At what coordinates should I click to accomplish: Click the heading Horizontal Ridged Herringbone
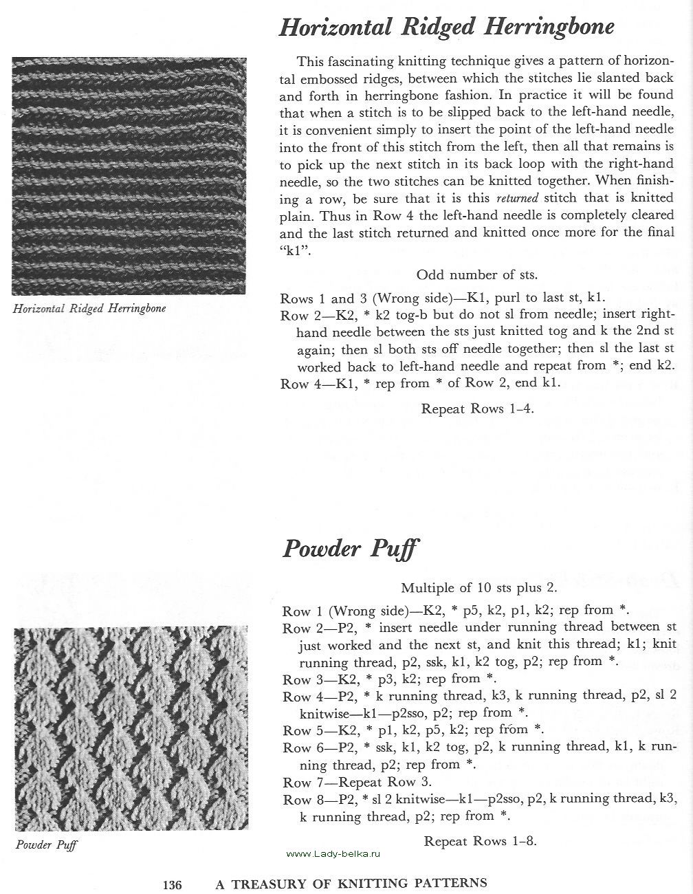point(446,27)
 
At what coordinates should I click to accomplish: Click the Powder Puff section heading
point(350,549)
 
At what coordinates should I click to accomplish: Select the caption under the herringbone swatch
point(89,309)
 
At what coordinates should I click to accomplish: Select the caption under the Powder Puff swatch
point(46,844)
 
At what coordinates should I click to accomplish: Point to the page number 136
point(172,884)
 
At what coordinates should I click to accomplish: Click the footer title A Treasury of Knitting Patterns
point(351,883)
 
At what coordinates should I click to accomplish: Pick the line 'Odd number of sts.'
point(476,275)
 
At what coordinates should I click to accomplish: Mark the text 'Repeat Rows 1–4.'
point(477,408)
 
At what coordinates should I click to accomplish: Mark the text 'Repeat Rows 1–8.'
point(480,840)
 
